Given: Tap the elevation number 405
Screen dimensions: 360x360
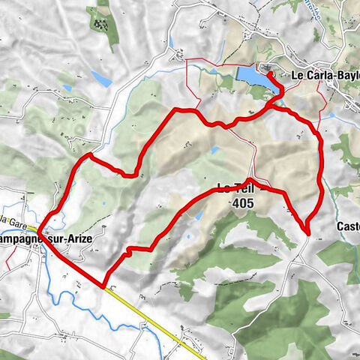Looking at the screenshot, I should coord(243,202).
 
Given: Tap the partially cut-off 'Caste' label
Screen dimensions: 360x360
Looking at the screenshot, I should coord(347,226).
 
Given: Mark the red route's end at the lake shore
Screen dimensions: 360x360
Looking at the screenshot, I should coord(268,74).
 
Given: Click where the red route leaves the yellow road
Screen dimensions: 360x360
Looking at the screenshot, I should coord(103,286).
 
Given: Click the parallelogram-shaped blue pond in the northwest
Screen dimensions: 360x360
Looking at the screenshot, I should coord(101,79).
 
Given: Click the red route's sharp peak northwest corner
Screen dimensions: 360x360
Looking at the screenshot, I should coord(90,154).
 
